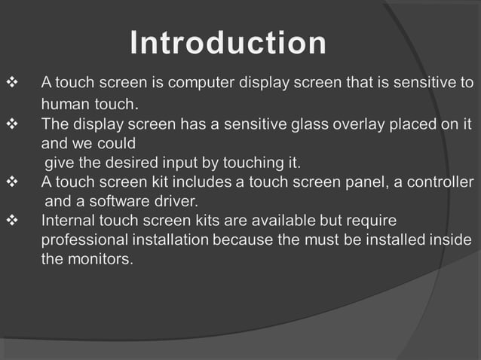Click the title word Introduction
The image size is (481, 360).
pyautogui.click(x=228, y=43)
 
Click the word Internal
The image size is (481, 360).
pyautogui.click(x=68, y=221)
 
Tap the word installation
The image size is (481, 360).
pyautogui.click(x=173, y=240)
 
